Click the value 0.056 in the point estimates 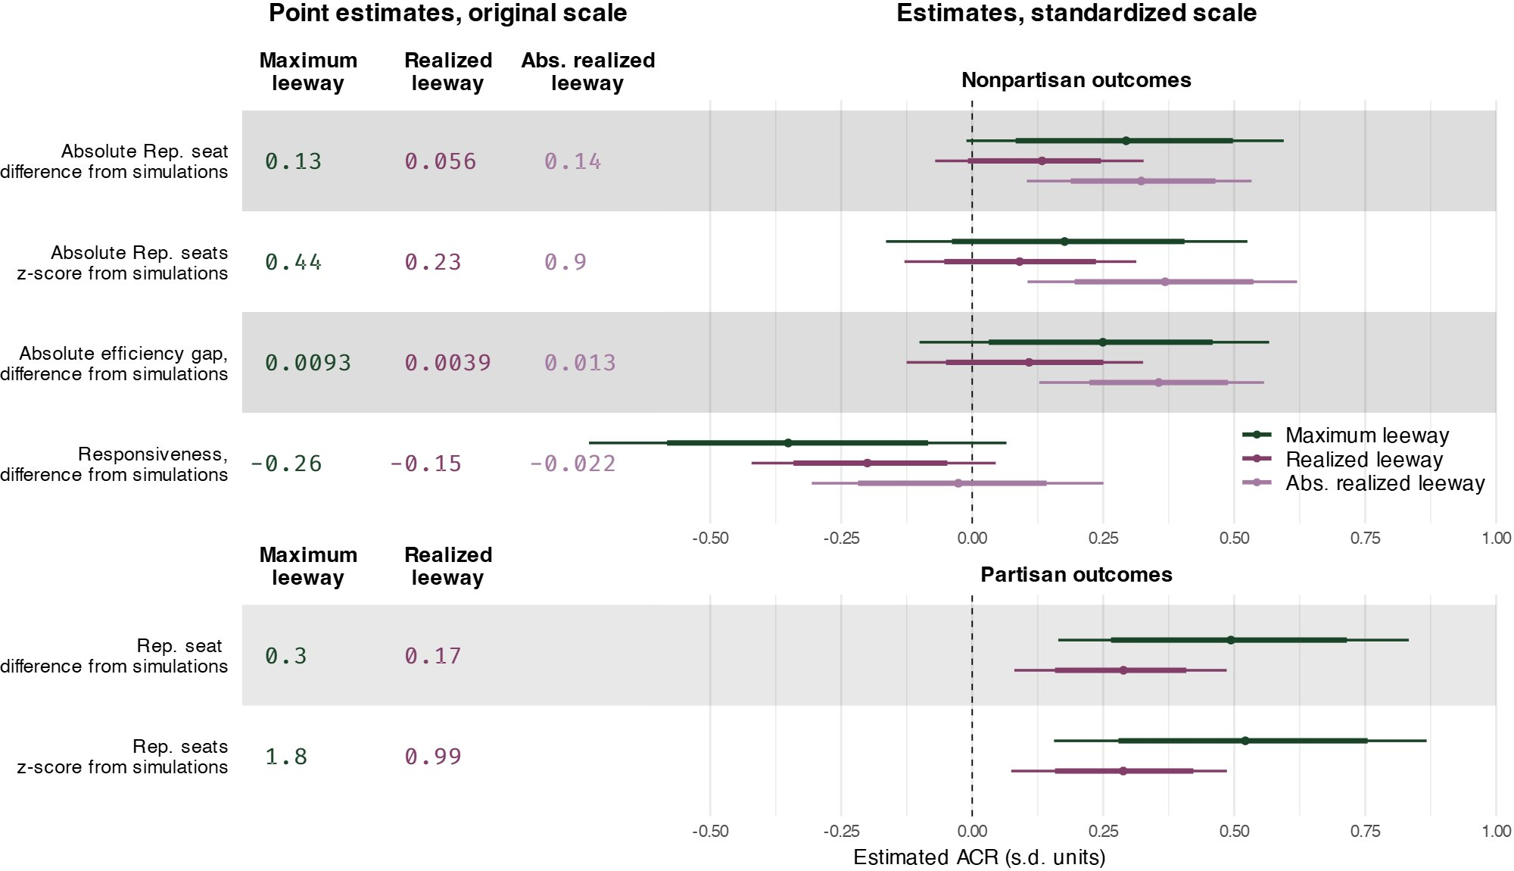[440, 161]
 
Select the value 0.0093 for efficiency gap [307, 363]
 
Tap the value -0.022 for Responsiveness [572, 464]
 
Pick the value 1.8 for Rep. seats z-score [286, 757]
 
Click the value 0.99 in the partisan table [432, 757]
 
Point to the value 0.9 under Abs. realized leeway [565, 262]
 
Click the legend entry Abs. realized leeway [1385, 483]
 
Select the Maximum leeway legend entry [1366, 435]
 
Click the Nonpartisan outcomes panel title [1076, 80]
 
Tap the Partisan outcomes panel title [1076, 575]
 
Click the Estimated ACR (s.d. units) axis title [979, 857]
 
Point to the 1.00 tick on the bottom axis [1496, 832]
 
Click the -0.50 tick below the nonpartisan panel [710, 539]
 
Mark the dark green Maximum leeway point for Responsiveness [788, 443]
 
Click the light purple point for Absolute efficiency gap [1158, 382]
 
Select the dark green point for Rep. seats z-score [1245, 741]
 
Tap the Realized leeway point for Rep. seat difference [1123, 670]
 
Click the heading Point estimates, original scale [447, 14]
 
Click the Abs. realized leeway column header [587, 72]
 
